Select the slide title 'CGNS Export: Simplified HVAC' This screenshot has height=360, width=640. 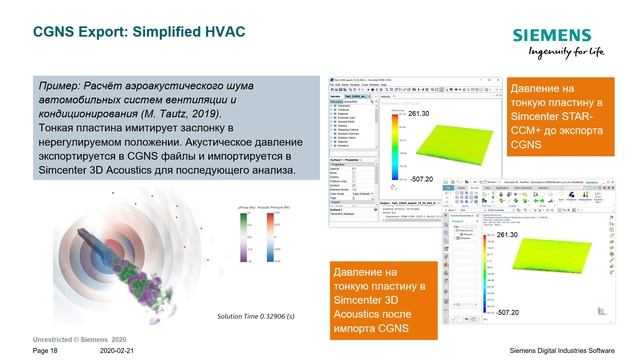pyautogui.click(x=139, y=33)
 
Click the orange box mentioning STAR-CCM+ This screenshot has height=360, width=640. pyautogui.click(x=559, y=117)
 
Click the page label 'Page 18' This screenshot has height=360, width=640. pyautogui.click(x=45, y=352)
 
